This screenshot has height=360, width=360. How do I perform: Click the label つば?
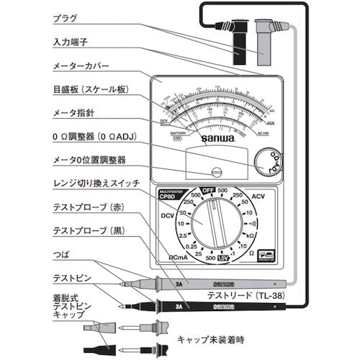[63, 254]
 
